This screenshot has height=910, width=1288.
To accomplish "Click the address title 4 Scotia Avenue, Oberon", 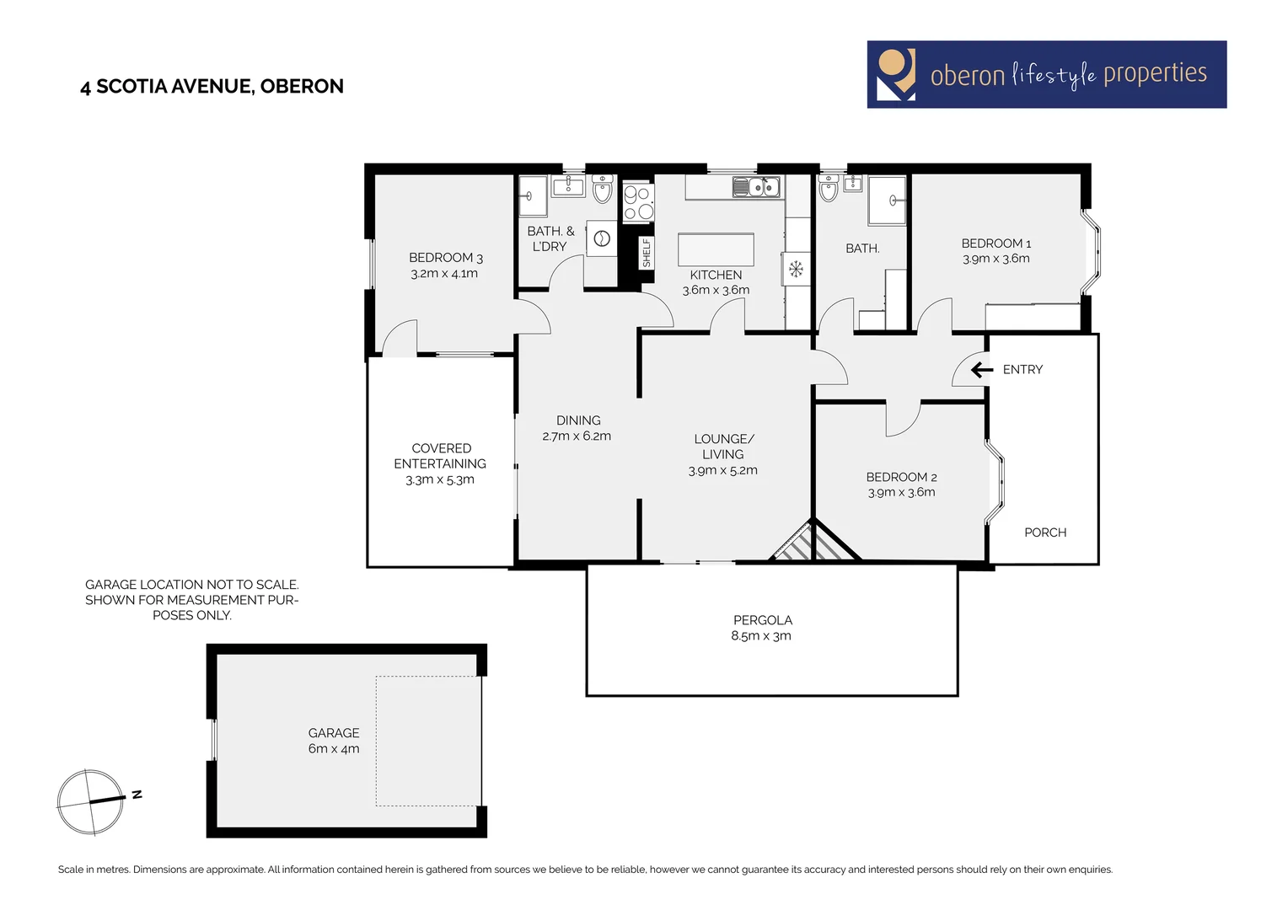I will [212, 86].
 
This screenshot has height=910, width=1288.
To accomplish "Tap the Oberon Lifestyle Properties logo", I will [1046, 74].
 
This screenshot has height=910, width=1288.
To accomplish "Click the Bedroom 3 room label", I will [445, 258].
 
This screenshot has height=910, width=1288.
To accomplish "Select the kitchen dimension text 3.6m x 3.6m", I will [716, 290].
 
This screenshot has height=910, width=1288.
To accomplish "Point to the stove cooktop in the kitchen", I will [638, 203].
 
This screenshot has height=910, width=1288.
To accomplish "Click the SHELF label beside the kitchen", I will [647, 253].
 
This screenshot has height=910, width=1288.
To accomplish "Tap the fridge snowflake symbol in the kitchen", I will [796, 270].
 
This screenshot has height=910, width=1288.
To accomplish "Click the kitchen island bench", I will [716, 250].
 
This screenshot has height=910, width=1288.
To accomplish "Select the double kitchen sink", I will [756, 187].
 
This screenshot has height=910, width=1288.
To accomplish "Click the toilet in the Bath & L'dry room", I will [602, 190].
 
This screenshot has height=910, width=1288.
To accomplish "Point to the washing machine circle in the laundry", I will [603, 238].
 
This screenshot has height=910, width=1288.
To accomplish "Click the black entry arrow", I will [982, 370].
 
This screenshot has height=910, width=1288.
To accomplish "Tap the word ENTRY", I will [1022, 370].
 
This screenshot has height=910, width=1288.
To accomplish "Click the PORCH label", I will [1045, 533].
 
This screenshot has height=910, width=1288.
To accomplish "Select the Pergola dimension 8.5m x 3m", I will [761, 636].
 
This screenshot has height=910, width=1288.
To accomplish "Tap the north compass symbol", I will [91, 801].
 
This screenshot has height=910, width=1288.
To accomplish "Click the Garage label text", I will [334, 733].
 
